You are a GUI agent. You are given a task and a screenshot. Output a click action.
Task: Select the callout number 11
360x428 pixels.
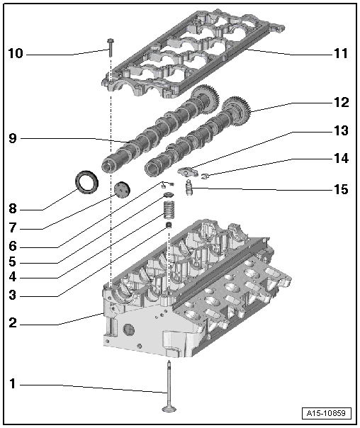[x=340, y=53]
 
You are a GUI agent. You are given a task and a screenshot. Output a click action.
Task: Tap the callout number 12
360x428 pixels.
[x=341, y=102]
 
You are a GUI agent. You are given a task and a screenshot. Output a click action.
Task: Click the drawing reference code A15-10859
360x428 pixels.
[x=327, y=413]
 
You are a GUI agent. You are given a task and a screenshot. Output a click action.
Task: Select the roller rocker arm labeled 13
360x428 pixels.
[x=190, y=170]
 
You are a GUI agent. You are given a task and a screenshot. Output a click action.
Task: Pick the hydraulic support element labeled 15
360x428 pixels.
[x=189, y=188]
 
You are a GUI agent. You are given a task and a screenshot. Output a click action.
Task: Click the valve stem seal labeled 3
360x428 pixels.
[x=169, y=227]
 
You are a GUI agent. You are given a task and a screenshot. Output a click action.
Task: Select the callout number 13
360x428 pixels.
[x=341, y=131]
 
